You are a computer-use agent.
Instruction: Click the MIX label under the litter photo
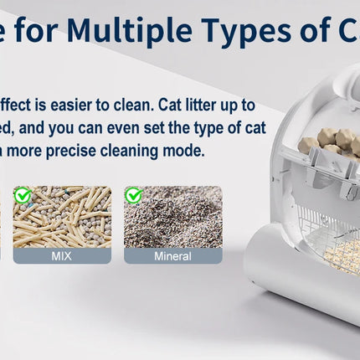(x=61, y=256)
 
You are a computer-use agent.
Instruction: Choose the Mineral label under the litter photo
(x=172, y=256)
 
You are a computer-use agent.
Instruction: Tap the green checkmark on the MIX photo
(x=23, y=196)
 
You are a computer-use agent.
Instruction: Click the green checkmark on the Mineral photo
(x=133, y=196)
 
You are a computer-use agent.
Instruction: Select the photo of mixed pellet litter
(x=61, y=218)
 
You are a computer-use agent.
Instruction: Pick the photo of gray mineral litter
(x=172, y=218)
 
